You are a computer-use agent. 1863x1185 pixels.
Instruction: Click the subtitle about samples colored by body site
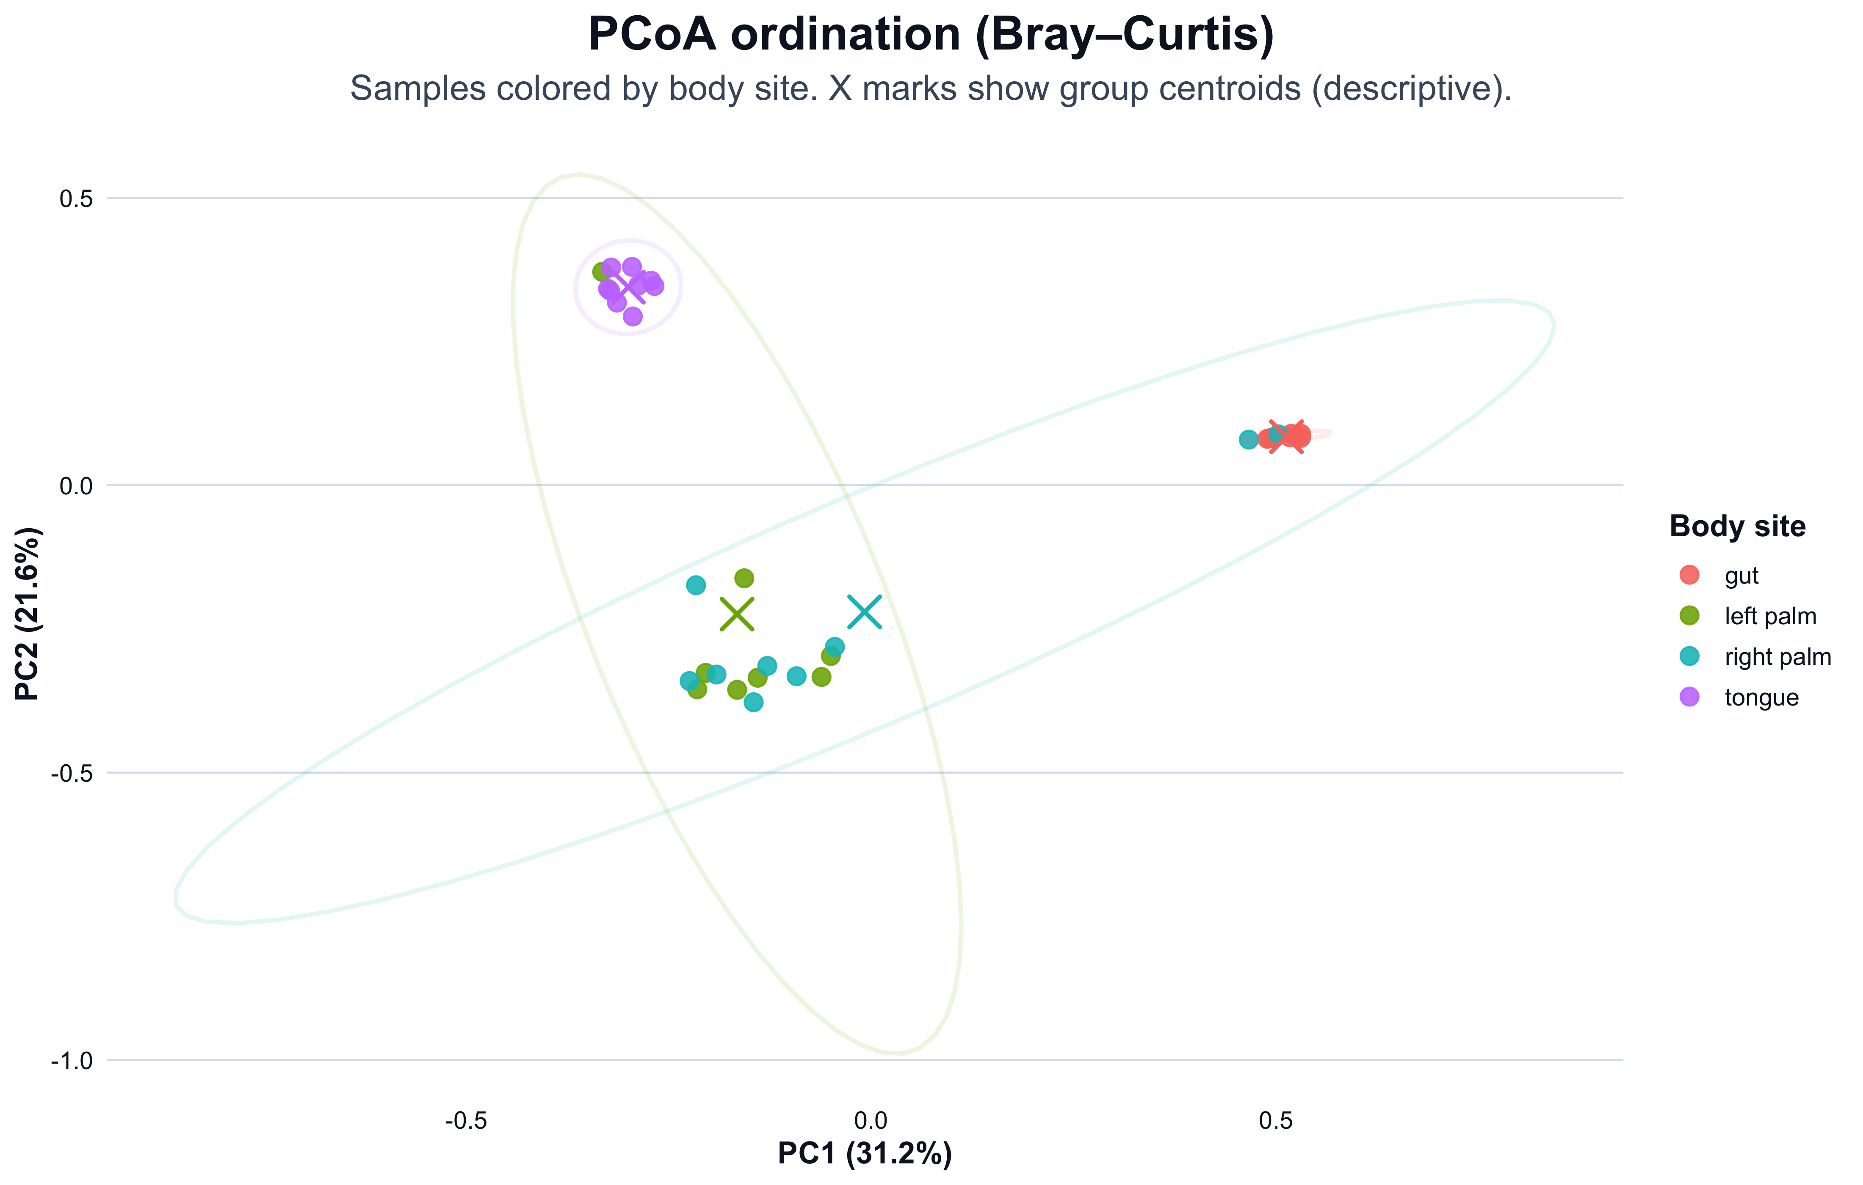931,89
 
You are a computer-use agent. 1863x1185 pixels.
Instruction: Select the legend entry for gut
1741,576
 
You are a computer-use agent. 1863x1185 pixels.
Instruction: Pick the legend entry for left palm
1769,617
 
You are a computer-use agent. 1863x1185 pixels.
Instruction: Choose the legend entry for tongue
1761,698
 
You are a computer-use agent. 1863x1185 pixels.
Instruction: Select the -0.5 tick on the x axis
466,1120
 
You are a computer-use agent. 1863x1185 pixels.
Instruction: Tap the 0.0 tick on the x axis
871,1120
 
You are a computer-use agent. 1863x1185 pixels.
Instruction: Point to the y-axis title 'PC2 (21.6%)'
28,613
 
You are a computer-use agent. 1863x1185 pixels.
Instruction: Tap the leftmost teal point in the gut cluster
1248,439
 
